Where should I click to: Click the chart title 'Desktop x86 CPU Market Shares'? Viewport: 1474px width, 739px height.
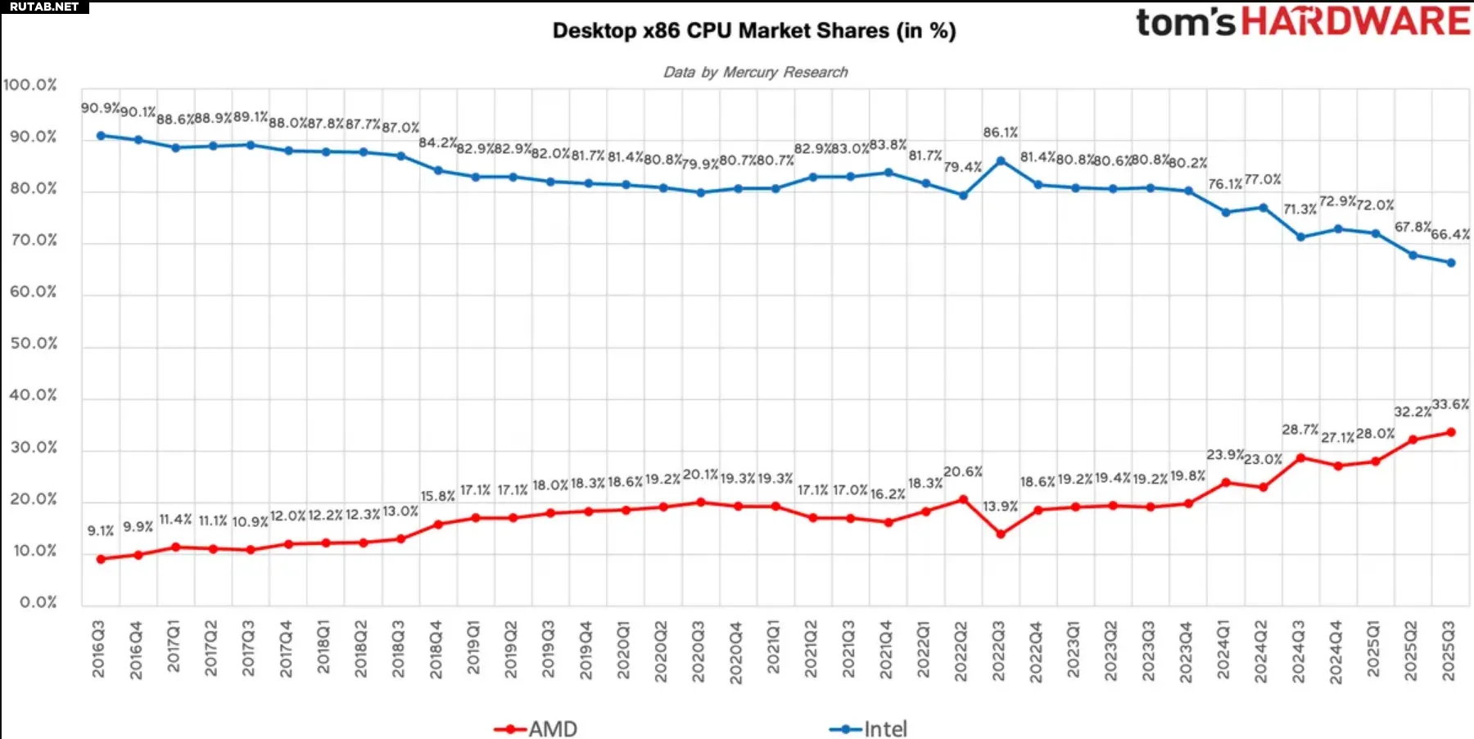tap(753, 31)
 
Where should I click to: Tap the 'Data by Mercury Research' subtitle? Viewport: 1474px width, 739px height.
tap(755, 72)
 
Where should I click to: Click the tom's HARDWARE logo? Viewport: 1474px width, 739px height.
tap(1302, 22)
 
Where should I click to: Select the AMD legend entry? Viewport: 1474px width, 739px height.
tap(537, 728)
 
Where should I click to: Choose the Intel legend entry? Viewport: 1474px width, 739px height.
tap(870, 728)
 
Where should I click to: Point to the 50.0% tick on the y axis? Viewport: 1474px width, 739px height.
tap(34, 344)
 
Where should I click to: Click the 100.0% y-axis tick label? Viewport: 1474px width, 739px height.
tap(30, 85)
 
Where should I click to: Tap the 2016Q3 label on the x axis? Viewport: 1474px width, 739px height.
tap(98, 649)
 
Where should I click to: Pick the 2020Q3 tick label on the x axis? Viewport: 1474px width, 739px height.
tap(699, 651)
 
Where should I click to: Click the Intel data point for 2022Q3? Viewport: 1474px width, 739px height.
tap(1001, 161)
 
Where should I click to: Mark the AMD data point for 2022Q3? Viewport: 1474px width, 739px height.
tap(1001, 534)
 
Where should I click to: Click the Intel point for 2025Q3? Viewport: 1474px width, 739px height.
tap(1451, 263)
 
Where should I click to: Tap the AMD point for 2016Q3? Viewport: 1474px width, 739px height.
tap(101, 559)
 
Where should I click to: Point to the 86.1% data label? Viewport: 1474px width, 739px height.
tap(1001, 133)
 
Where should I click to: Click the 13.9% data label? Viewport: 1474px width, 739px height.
tap(1001, 507)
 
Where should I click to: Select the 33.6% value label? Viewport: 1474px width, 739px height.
tap(1450, 404)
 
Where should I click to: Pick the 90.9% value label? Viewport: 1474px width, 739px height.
tap(100, 108)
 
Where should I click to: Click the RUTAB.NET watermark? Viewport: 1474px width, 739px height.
tap(44, 7)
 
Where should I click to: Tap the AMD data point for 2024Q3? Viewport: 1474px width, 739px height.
tap(1300, 457)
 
